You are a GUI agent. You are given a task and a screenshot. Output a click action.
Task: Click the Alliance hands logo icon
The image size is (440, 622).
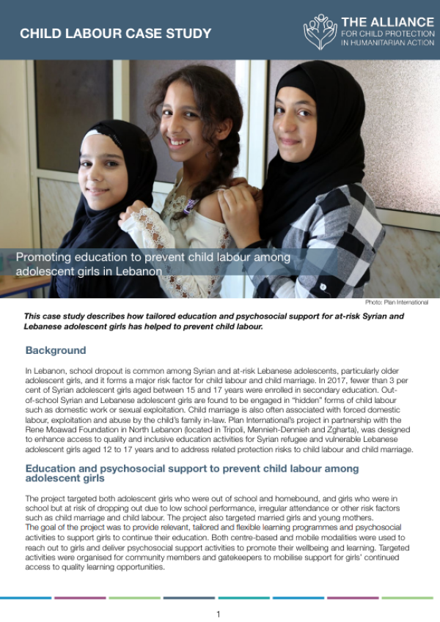tap(320, 32)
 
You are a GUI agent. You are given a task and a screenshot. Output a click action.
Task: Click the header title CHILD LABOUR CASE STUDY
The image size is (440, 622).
tap(116, 34)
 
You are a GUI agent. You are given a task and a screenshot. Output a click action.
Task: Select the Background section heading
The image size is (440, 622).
tap(56, 350)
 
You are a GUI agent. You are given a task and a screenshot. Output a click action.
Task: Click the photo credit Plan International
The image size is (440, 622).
tap(396, 302)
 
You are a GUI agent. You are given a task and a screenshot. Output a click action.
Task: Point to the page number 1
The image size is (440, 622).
tap(218, 614)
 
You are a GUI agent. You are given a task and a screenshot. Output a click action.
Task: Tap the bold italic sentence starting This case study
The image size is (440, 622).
tap(213, 321)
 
